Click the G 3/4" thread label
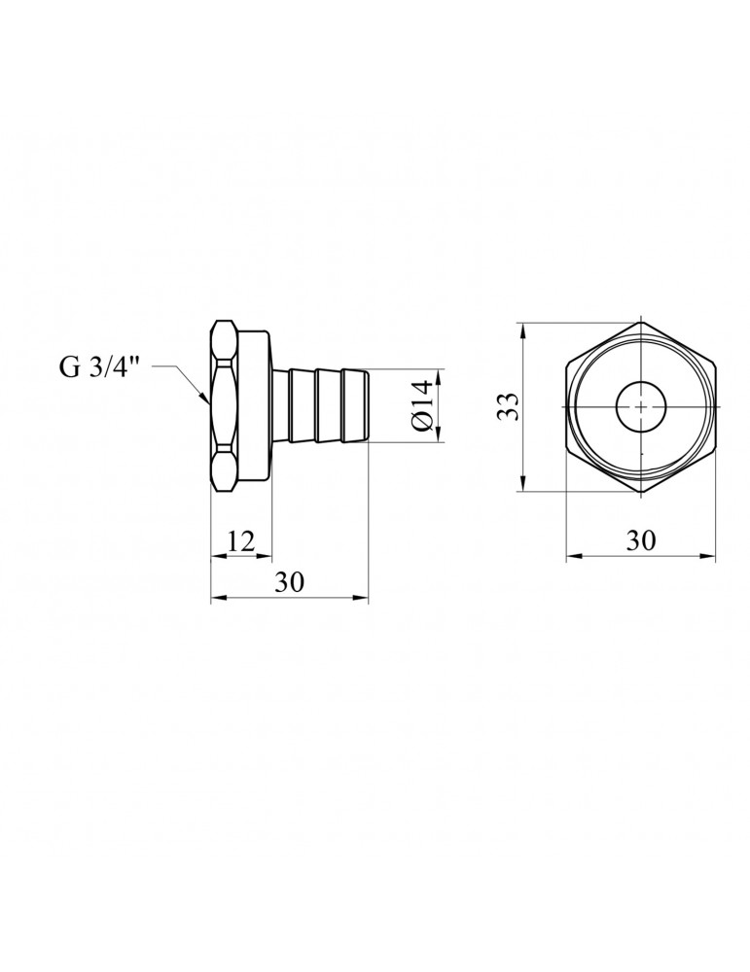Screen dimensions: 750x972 point(98,366)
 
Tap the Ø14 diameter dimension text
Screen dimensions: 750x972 point(421,406)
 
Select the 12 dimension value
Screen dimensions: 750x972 point(240,541)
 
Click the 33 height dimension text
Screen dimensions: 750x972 point(510,406)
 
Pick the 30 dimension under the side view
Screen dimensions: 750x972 point(290,582)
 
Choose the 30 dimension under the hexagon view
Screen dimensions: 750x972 point(640,540)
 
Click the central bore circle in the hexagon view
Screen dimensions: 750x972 point(641,406)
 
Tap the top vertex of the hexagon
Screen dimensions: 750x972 point(641,323)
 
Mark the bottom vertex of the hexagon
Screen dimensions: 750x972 point(641,493)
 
